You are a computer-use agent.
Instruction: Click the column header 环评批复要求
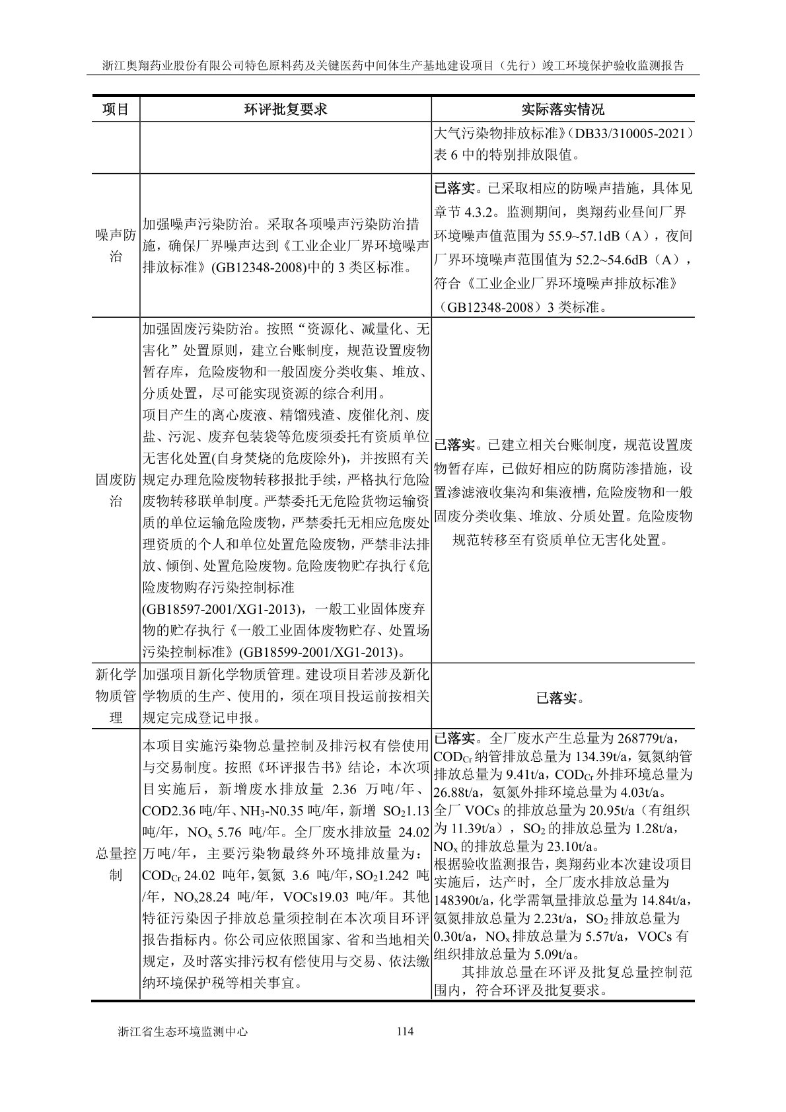285,109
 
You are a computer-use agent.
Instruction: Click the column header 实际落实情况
562,109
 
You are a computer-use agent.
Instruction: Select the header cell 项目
116,109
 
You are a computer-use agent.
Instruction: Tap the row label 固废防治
116,490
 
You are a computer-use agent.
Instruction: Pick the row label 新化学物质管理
116,696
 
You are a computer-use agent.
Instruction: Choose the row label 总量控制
116,864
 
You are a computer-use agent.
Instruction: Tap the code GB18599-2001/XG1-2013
321,652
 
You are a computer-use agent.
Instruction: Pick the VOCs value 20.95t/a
606,810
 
